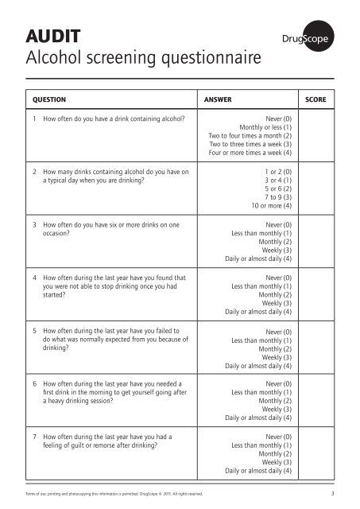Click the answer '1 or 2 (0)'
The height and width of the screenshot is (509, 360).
click(x=277, y=172)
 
